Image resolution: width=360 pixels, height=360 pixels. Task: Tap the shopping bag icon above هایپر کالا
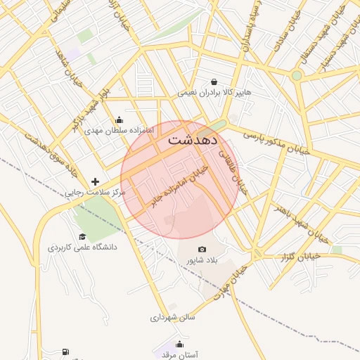coord(214,82)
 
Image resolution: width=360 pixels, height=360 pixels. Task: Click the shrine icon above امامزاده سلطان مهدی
coord(118,120)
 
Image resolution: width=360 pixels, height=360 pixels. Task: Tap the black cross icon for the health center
coord(96,181)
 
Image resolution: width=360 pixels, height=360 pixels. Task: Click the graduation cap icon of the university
coord(82,237)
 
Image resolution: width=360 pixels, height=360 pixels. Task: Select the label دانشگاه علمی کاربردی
coord(82,247)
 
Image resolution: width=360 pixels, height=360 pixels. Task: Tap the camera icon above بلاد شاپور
coord(202,250)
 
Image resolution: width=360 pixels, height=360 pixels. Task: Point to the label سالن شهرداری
coord(172,317)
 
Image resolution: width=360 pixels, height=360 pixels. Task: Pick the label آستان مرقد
coord(179,355)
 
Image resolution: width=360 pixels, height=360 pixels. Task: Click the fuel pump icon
coord(65,352)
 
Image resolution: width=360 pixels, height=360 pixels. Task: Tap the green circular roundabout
coord(297,75)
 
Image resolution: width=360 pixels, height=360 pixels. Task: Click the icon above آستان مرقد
coord(179,344)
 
